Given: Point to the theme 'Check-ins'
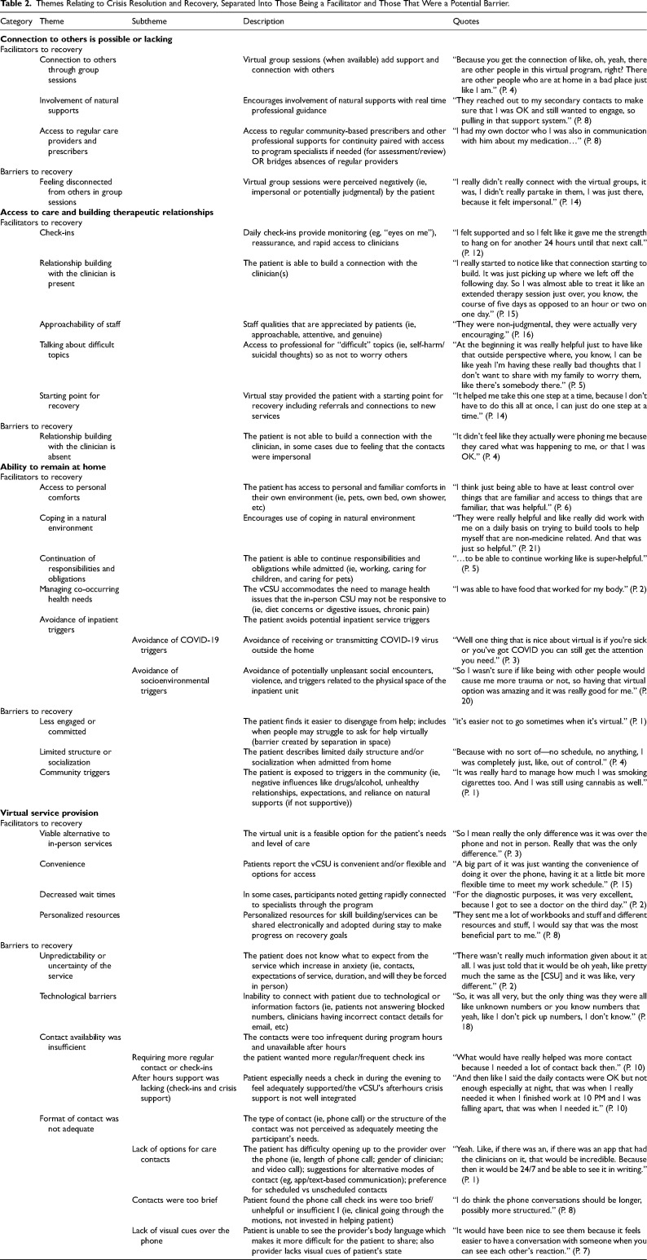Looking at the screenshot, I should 56,232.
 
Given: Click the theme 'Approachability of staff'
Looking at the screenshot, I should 80,324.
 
